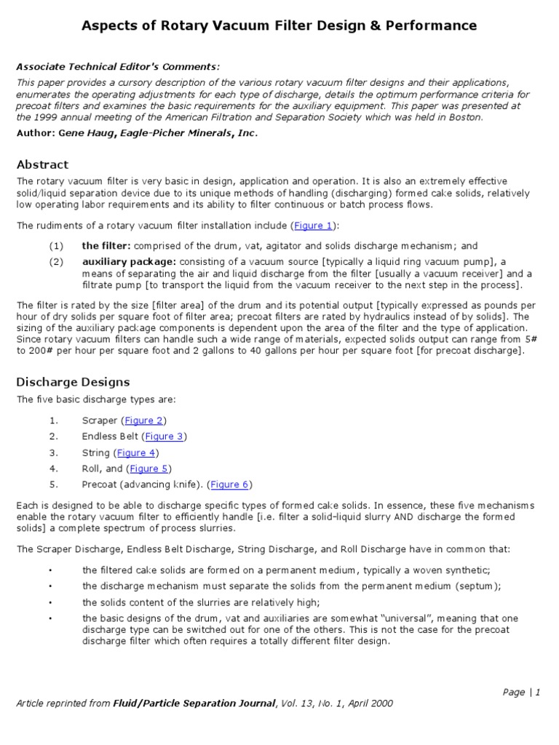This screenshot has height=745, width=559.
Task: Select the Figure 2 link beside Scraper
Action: coord(143,421)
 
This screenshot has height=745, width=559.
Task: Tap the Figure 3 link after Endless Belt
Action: coord(164,437)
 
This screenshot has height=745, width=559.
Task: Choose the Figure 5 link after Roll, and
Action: coord(149,469)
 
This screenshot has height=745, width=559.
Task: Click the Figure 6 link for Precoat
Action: coord(229,485)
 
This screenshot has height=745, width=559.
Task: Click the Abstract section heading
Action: coord(42,164)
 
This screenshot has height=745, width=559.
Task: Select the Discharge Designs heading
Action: coord(73,382)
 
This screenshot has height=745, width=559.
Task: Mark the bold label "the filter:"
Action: coord(106,246)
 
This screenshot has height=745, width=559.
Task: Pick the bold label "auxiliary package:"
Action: coord(130,261)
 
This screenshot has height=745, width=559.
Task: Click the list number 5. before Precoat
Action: coord(53,485)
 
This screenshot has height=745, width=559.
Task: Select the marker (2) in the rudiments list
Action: coord(57,261)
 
